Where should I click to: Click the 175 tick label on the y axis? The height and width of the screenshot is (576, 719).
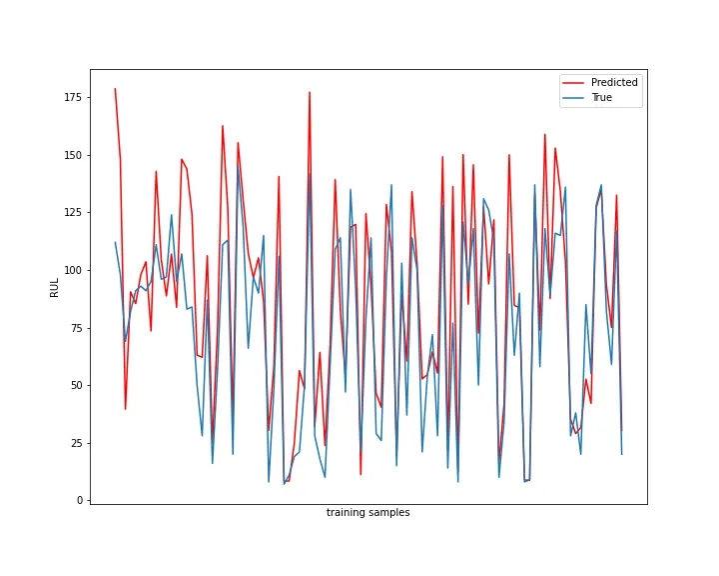coord(72,98)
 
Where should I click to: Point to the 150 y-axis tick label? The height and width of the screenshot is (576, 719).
coord(72,155)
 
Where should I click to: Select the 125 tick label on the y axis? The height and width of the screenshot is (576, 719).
coord(72,213)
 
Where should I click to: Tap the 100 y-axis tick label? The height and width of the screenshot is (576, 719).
coord(72,270)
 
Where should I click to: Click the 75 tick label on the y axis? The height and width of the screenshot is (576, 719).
coord(75,328)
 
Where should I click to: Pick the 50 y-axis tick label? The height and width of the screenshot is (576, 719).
coord(75,385)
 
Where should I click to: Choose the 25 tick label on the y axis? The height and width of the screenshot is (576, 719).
coord(75,443)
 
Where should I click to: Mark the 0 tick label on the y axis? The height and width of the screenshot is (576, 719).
coord(78,500)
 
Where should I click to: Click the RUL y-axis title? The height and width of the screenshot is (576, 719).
coord(55,288)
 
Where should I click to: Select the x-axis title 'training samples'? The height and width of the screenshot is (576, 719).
coord(367,513)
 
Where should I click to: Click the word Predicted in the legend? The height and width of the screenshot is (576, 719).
coord(614,83)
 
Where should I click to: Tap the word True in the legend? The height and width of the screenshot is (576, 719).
coord(602,98)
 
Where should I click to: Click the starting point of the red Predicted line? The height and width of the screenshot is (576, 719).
coord(115,89)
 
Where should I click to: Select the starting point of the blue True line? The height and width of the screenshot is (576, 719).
coord(115,242)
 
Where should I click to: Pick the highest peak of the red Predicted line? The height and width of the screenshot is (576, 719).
coord(115,89)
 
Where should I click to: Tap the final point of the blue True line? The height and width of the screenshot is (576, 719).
coord(621,454)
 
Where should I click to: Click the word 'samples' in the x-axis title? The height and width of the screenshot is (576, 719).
coord(389,513)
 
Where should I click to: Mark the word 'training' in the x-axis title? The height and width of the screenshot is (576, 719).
coord(346,513)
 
